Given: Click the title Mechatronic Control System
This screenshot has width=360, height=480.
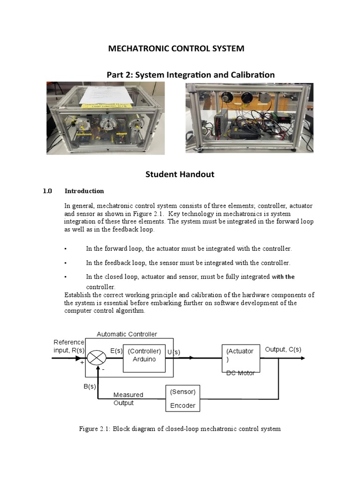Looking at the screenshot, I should [176, 49].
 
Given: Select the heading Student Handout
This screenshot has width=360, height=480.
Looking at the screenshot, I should [180, 174].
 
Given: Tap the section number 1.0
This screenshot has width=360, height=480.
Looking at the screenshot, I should [47, 191].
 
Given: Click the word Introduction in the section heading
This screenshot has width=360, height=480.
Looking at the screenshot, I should [84, 191].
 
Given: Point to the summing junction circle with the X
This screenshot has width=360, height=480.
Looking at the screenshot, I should [97, 358].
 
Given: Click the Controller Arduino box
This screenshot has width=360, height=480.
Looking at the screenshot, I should [144, 355].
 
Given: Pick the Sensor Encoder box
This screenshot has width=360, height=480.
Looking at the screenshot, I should [183, 398].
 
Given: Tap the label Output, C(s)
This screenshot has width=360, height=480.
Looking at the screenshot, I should [283, 350].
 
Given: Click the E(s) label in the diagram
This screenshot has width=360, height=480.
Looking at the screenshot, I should [117, 351].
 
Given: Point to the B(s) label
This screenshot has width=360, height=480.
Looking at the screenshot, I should [90, 387].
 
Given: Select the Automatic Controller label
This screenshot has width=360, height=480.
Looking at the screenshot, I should [127, 334].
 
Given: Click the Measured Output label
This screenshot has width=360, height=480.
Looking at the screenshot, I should [128, 399].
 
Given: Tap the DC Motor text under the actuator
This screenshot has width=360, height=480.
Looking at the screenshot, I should [240, 373].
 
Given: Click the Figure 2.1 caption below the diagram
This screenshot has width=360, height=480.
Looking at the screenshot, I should [180, 429].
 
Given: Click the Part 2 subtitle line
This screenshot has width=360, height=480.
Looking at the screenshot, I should [190, 75].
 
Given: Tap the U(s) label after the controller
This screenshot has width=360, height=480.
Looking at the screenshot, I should [174, 352].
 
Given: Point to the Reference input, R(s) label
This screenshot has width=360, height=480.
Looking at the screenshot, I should [69, 346].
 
